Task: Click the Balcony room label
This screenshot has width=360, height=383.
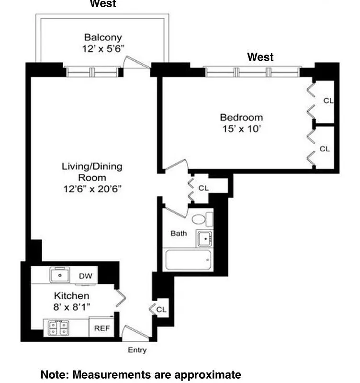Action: tap(103, 37)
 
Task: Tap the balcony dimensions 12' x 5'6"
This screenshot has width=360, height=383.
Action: tap(103, 48)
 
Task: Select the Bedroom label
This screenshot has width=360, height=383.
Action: tap(241, 117)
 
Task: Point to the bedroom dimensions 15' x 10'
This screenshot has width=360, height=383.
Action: tap(241, 128)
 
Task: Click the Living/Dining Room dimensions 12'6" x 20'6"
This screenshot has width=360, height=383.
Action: tap(92, 189)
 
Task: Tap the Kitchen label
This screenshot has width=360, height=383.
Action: tap(71, 296)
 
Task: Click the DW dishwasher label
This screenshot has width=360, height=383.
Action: tap(85, 276)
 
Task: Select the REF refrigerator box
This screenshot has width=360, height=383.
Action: tap(101, 328)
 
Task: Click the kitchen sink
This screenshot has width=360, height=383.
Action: tap(60, 275)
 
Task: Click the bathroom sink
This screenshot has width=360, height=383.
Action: tap(205, 237)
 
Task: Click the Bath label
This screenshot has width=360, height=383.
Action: tap(179, 234)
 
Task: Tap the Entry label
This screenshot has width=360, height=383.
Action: tap(137, 350)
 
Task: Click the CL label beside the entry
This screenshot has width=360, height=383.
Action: tap(161, 310)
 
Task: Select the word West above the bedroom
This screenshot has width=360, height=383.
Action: tap(260, 57)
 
